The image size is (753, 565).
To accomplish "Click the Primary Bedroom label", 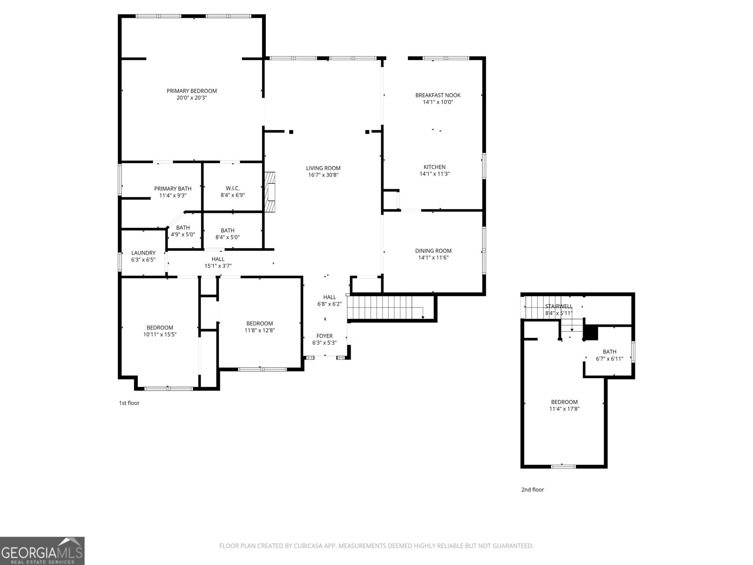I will point(192,91).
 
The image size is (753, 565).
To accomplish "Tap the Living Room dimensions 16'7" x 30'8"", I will point(323,175).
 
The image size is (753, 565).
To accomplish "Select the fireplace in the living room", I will point(270,193).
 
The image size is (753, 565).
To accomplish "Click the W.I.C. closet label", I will point(232,188).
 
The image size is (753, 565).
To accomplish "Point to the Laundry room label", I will point(143,253).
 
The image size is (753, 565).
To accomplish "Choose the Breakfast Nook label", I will point(438,95).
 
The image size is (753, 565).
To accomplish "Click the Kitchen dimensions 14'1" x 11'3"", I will point(434,174).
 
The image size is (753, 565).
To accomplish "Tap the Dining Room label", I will point(433,251).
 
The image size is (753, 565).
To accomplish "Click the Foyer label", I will point(324,336).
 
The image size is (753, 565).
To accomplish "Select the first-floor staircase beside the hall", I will point(384,308).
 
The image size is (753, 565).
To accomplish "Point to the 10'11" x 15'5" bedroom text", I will point(160,335).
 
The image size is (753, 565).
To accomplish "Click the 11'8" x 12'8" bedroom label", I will point(259,323).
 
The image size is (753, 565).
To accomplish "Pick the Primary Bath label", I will point(173,188).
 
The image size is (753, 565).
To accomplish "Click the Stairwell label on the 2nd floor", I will point(559,306).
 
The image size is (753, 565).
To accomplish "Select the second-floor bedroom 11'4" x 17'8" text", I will point(564,409).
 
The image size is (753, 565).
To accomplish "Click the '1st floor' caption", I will point(129,403).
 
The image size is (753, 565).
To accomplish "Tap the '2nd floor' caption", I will point(532,490).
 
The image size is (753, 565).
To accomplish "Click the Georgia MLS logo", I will point(42,551).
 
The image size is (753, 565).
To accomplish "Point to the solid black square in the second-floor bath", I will point(590,333).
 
